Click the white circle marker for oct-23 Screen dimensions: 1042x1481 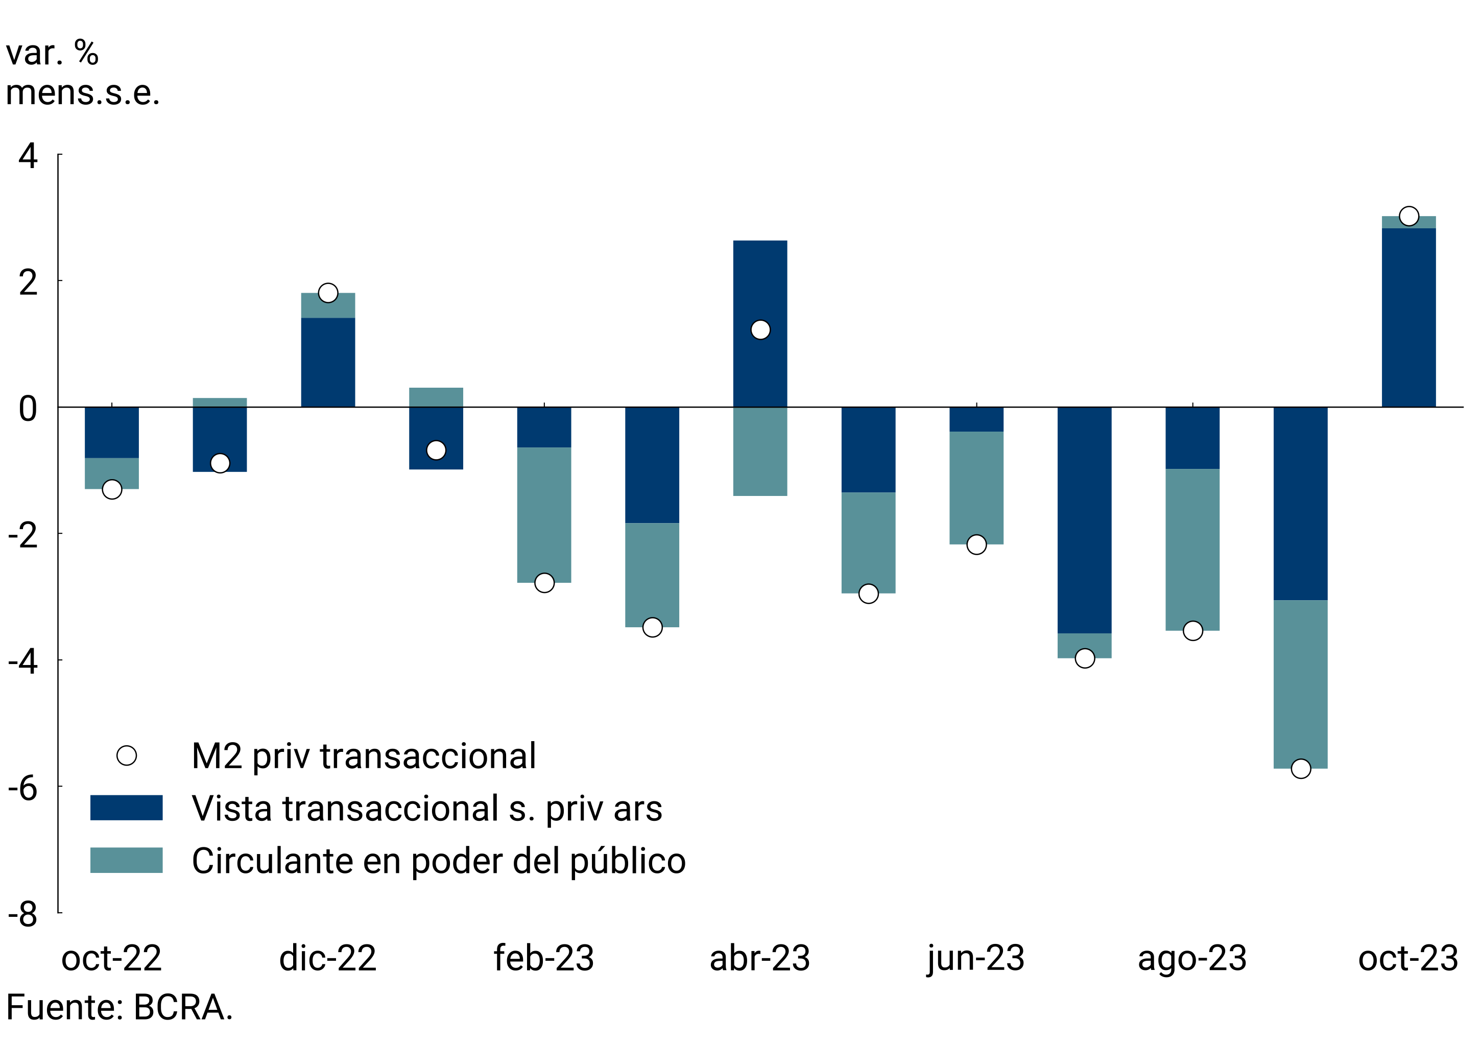coord(1409,216)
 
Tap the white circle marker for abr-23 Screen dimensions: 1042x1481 coord(760,329)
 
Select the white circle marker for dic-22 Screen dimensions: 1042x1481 coord(328,293)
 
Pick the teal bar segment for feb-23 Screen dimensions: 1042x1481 coord(544,515)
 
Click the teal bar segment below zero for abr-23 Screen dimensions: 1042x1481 coord(760,452)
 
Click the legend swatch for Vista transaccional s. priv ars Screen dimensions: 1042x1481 coord(127,807)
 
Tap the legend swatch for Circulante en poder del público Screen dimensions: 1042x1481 coord(127,860)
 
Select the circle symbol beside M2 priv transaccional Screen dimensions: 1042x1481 coord(127,755)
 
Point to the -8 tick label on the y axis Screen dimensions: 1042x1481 coord(23,914)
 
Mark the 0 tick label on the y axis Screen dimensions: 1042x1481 coord(28,409)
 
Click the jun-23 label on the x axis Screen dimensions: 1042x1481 coord(976,958)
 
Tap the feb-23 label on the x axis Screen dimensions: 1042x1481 coord(544,958)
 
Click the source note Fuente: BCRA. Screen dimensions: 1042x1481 coord(120,1008)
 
